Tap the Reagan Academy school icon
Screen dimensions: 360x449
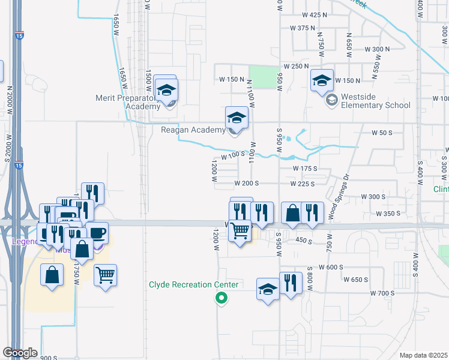237,118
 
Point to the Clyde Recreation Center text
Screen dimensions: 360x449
194,284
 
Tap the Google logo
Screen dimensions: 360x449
20,353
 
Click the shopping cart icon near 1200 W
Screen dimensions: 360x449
240,230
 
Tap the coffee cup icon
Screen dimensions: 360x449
97,233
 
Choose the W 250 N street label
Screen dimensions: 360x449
297,65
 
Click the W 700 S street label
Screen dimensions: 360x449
382,293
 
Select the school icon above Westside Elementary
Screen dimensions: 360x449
322,80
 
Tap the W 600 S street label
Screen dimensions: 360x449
331,267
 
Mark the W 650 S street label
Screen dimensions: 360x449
355,280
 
